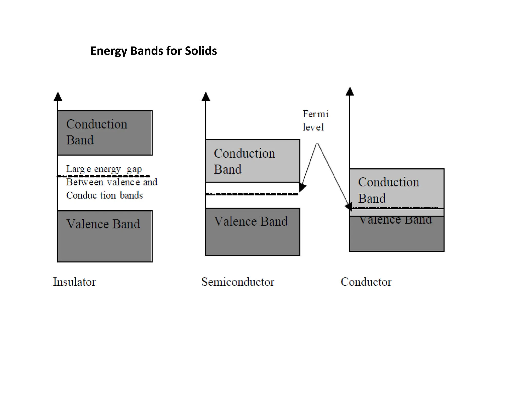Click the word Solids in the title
[x=201, y=51]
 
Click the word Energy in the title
[x=109, y=51]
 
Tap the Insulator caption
[x=74, y=282]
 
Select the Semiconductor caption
[x=238, y=282]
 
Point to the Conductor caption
[x=366, y=282]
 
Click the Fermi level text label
[x=315, y=120]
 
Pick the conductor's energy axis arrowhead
[x=350, y=92]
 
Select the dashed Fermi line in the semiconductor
[x=252, y=194]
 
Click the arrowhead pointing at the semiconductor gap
[x=302, y=187]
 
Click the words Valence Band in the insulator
[x=103, y=224]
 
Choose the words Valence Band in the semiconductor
[x=251, y=221]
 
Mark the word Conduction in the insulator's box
[x=97, y=124]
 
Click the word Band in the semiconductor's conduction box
[x=228, y=169]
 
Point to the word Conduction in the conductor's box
[x=389, y=182]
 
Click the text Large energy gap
[x=104, y=169]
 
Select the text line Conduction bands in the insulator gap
[x=104, y=195]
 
